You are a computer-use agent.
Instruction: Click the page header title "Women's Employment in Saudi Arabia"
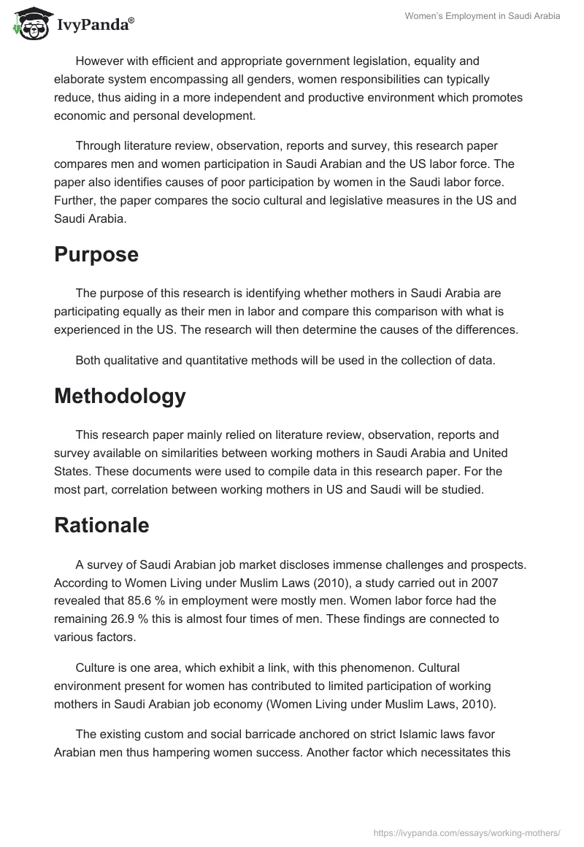point(483,17)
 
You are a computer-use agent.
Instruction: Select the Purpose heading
point(96,255)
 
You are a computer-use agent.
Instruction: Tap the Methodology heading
point(120,396)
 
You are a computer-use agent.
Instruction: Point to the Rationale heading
point(101,526)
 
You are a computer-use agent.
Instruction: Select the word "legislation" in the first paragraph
point(405,61)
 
